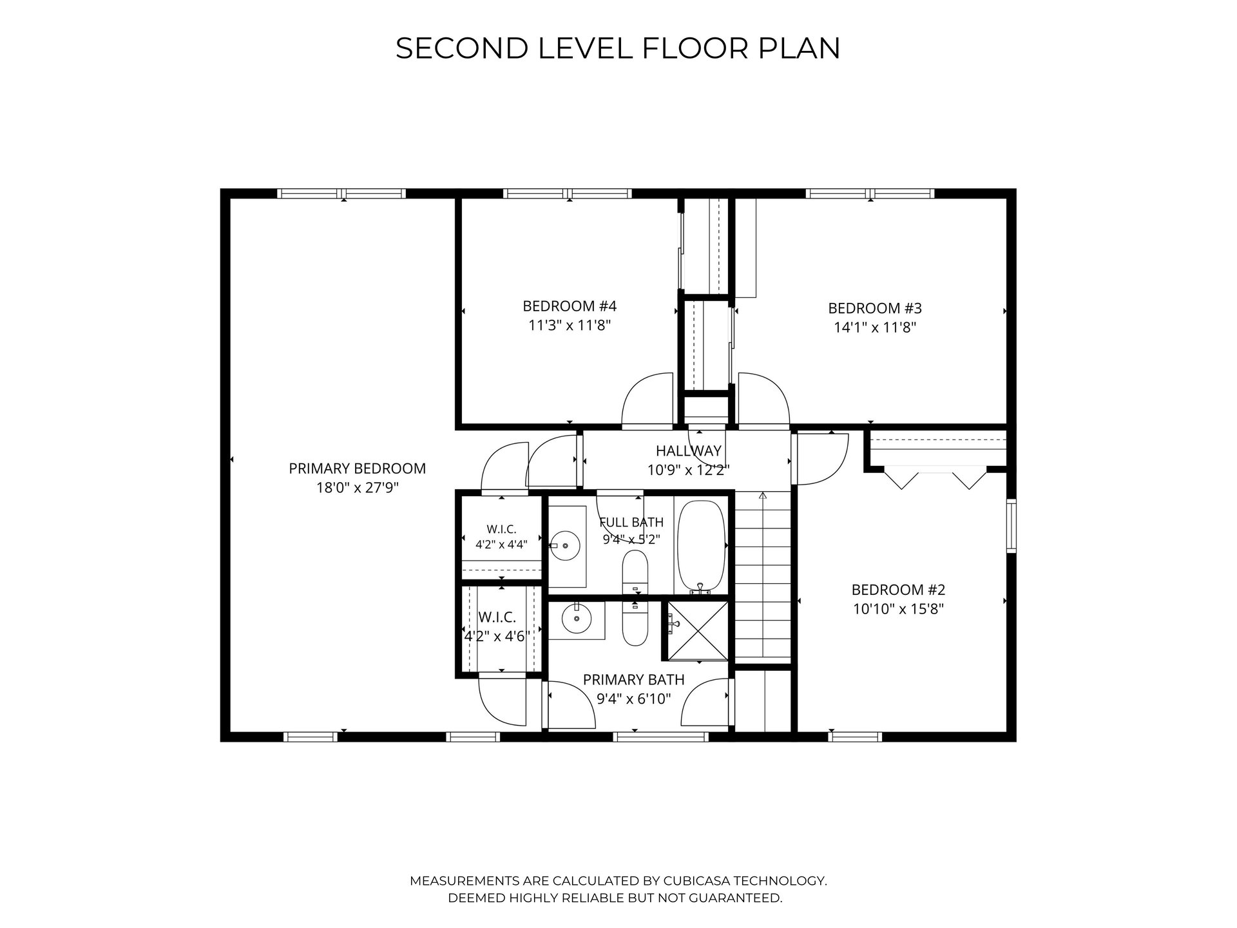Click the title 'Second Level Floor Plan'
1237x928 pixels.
(x=618, y=48)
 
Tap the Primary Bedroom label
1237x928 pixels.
(x=357, y=469)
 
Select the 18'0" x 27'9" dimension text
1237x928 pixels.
(x=357, y=488)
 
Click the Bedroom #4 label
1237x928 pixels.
(x=570, y=305)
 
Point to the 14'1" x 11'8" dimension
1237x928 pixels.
(x=875, y=327)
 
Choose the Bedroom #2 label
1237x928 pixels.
(x=898, y=590)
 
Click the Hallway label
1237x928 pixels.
(x=689, y=451)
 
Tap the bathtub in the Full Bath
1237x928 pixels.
(x=702, y=547)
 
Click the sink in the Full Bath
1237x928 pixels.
(x=565, y=546)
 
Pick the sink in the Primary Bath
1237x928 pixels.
(x=576, y=620)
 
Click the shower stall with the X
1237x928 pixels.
(x=697, y=630)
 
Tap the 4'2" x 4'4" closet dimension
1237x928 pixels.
(x=501, y=544)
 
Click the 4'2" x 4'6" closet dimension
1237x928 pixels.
(x=497, y=636)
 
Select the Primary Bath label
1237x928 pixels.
(x=633, y=679)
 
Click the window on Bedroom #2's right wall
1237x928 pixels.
(x=1012, y=525)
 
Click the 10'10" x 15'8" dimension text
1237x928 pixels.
(x=898, y=609)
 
